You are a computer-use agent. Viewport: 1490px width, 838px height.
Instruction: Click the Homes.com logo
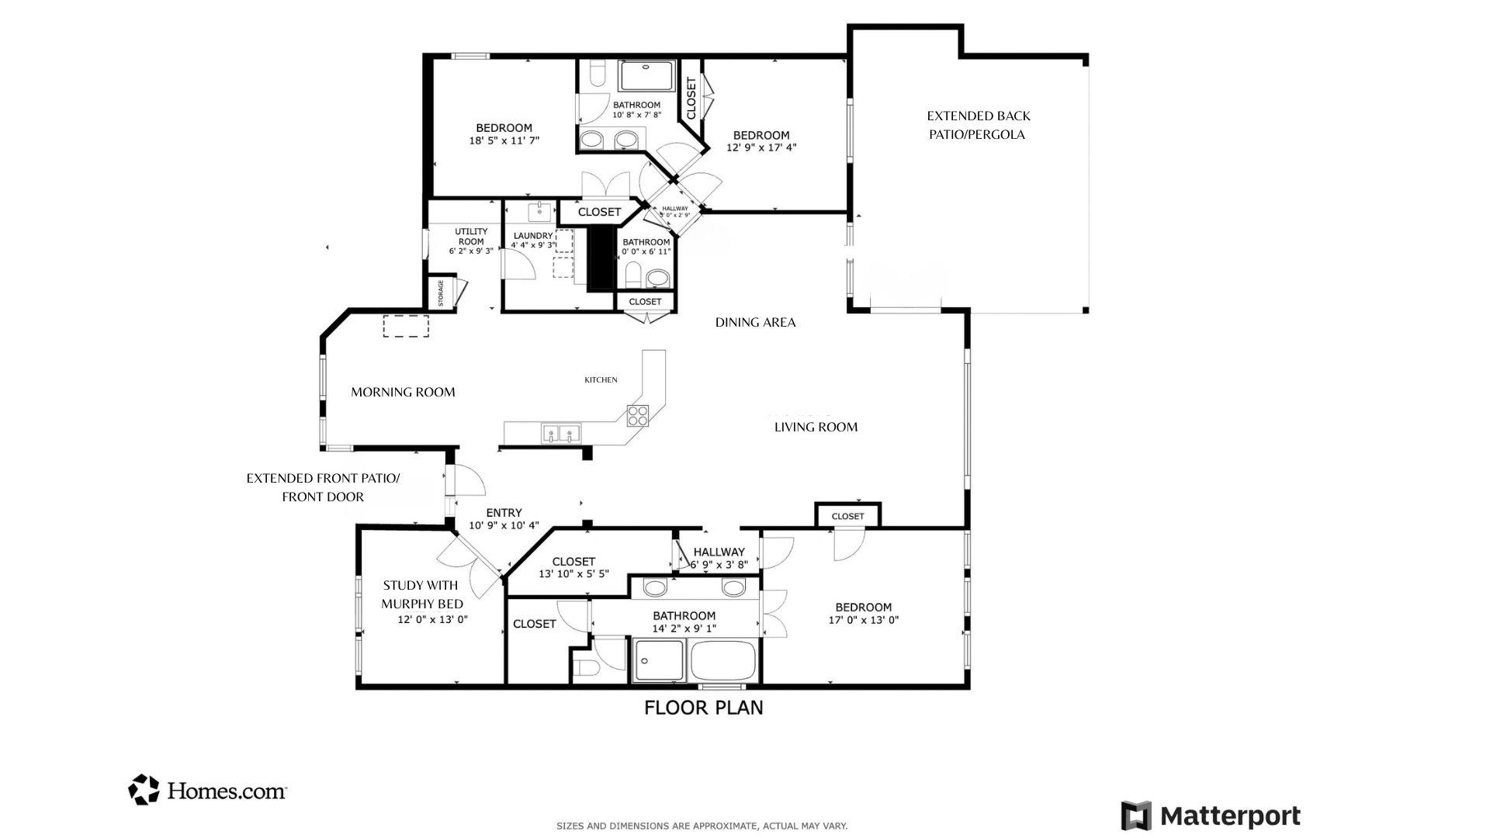point(207,790)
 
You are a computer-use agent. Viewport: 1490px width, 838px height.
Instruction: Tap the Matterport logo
point(1210,816)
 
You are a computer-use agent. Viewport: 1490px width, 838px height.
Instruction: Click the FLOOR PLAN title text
point(703,708)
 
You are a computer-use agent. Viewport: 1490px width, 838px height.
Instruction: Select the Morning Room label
point(403,393)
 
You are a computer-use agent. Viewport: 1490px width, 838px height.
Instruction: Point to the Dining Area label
point(755,323)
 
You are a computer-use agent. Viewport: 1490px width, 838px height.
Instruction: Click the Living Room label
point(816,427)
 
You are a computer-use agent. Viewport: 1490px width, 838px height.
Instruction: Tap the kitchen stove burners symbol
point(637,416)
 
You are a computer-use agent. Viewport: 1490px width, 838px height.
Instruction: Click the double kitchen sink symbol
point(561,432)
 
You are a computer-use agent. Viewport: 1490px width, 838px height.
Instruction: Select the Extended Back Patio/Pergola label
point(978,125)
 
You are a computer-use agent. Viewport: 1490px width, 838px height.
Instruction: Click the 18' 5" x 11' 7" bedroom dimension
point(504,141)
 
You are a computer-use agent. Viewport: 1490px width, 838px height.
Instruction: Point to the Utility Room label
point(471,236)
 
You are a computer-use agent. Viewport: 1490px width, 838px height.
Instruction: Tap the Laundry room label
point(532,236)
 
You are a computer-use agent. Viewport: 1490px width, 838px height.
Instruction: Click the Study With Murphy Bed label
point(421,594)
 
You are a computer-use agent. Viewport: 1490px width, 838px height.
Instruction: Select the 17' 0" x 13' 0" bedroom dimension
point(863,620)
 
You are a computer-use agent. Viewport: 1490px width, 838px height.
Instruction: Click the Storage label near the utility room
point(441,294)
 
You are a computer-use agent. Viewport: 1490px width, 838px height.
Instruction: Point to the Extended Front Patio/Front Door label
point(323,487)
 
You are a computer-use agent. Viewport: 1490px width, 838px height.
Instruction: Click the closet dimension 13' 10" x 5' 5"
point(573,574)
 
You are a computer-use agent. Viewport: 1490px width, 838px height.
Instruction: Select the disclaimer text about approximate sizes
point(702,826)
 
